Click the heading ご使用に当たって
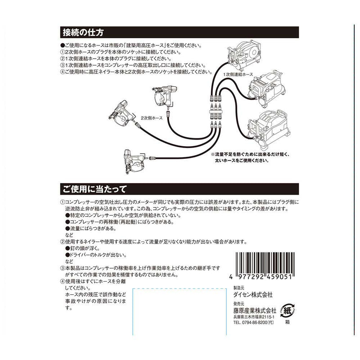[94, 188]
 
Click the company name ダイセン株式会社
[253, 296]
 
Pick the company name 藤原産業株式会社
[254, 311]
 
